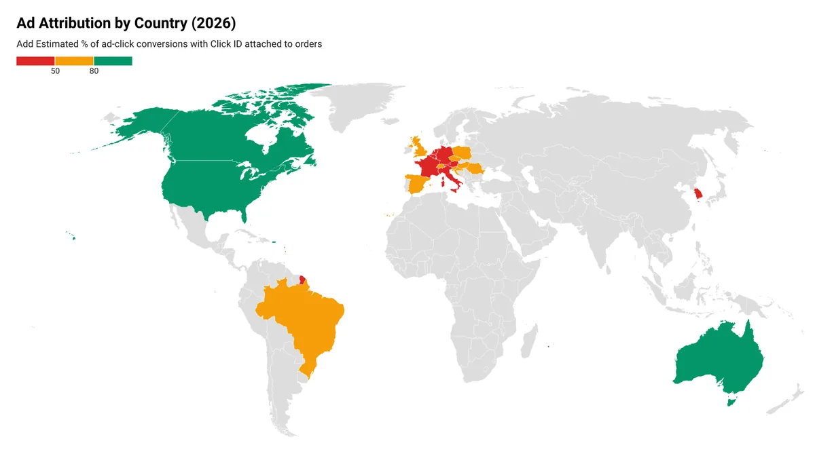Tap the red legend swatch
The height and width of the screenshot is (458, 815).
[35, 61]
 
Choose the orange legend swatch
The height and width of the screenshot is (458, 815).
[74, 61]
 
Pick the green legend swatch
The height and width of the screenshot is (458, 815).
[113, 61]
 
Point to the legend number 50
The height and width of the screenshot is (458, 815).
[55, 71]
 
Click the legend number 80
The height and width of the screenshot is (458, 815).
[94, 71]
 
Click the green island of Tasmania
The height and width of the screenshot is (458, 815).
[731, 402]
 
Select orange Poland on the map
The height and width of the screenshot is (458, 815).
[463, 153]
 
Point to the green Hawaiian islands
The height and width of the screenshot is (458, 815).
[71, 236]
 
